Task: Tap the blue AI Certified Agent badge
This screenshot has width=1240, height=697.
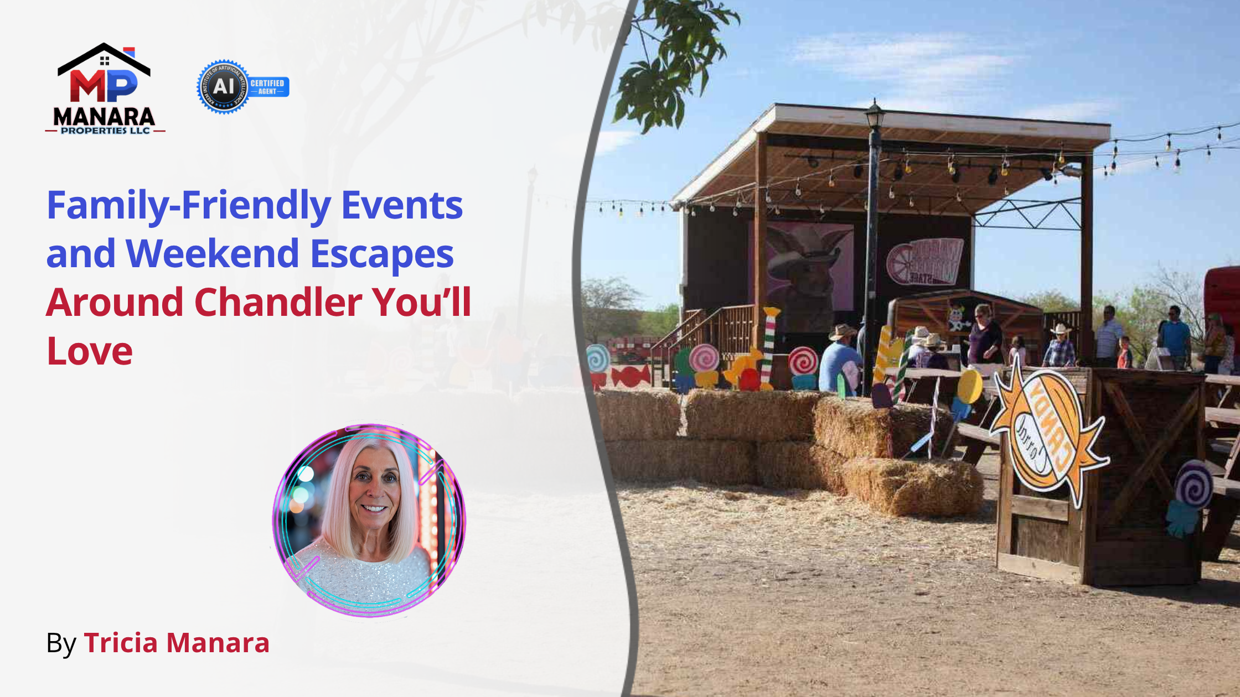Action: [242, 87]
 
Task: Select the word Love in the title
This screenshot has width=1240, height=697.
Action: [90, 351]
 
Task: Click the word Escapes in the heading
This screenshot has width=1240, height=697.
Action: [382, 254]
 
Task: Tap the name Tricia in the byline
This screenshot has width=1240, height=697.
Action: [121, 643]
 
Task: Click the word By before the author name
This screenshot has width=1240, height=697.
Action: [61, 643]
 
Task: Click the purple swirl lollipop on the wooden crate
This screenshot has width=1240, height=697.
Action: [1194, 484]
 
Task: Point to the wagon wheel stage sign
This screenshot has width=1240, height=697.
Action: [925, 262]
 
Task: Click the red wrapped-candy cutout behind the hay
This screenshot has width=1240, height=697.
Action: [631, 377]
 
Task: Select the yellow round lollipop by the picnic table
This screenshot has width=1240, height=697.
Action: [970, 386]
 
